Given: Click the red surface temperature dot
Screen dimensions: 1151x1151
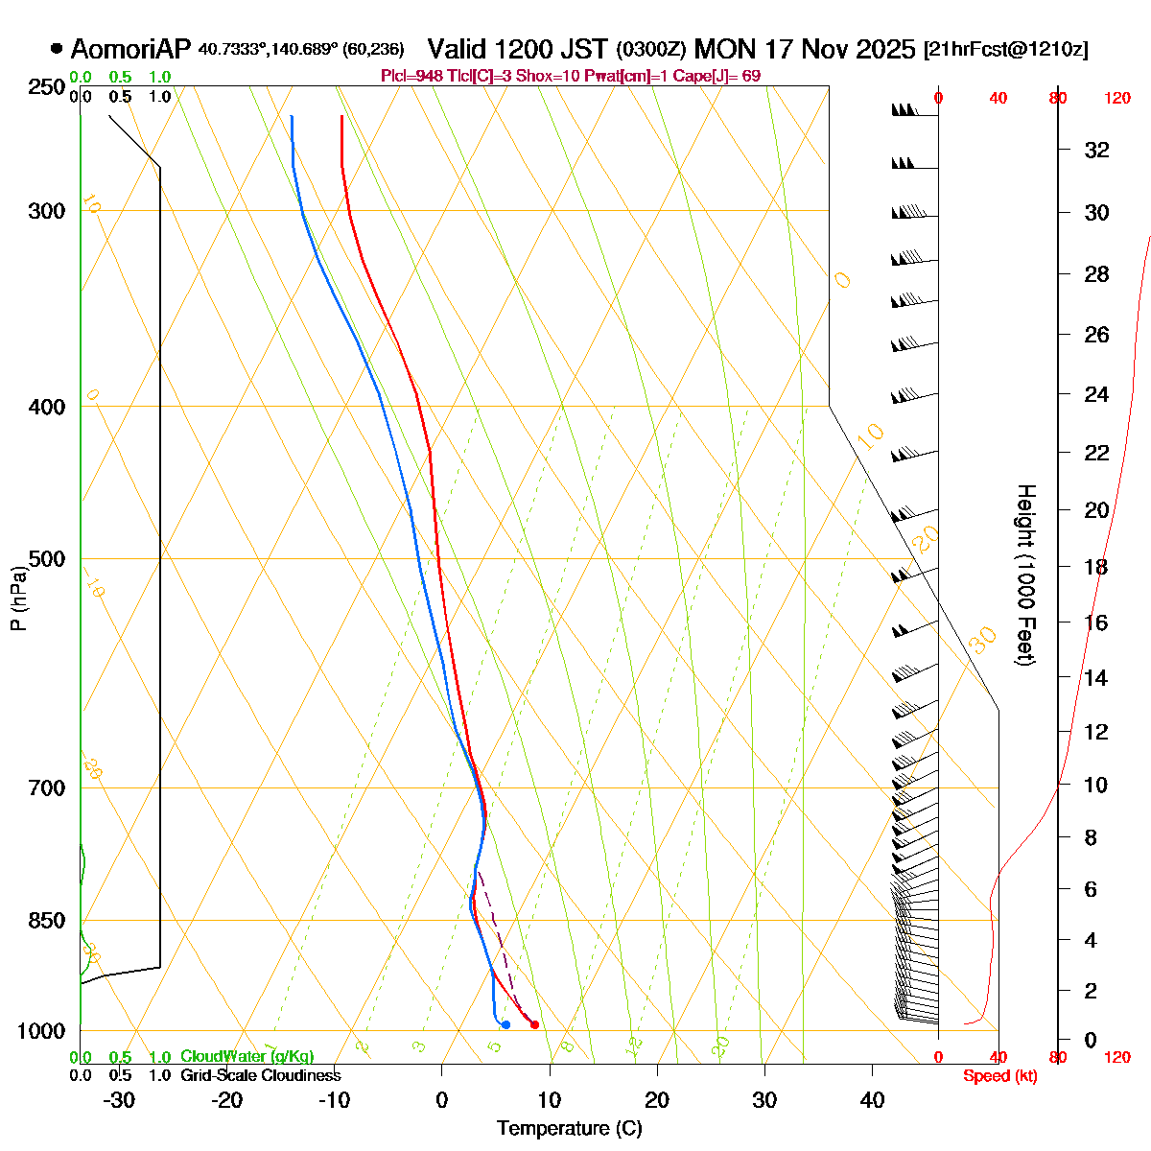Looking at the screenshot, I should click(534, 1024).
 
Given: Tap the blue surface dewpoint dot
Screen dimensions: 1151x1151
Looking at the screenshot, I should click(505, 1024).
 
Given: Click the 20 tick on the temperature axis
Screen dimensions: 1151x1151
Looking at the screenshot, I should click(657, 1099).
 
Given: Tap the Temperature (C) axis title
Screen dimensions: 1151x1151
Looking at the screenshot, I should click(570, 1128).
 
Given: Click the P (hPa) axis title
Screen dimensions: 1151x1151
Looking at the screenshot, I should click(18, 597).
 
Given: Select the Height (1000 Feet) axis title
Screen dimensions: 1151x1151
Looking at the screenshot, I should click(1025, 575).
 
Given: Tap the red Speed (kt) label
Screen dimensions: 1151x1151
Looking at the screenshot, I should click(1000, 1076).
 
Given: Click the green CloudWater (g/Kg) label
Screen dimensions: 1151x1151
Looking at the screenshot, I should click(247, 1056).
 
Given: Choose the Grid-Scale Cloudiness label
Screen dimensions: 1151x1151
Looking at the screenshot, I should click(261, 1075).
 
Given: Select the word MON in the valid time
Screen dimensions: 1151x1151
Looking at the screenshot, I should click(728, 49).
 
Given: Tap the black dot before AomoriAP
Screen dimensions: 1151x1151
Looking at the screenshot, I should click(57, 48).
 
